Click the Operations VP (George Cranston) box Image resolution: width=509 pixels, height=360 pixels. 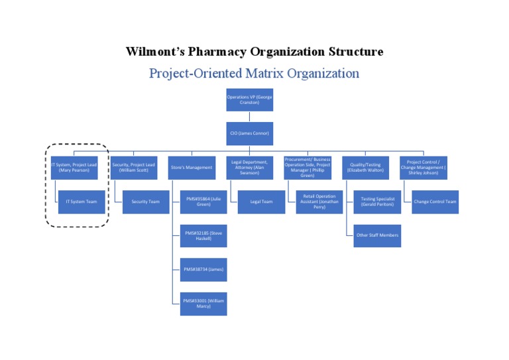coord(249,99)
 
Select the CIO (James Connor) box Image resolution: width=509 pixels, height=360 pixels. coord(249,133)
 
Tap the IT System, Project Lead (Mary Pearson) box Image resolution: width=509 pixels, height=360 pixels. coord(74,168)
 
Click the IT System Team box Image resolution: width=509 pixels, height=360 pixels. coord(82,202)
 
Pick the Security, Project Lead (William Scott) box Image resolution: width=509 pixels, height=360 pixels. coord(134,168)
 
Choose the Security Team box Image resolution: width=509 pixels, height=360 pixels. coord(146,202)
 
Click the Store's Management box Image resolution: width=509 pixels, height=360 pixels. coord(192,168)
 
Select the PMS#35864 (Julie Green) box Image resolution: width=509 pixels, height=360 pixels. coord(203,202)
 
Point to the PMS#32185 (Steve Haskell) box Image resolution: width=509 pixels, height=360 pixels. coord(203,235)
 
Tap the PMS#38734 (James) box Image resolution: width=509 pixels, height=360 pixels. coord(203,269)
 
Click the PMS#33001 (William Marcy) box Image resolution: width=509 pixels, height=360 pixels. coord(203,303)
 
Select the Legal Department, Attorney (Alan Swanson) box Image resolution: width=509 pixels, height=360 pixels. coord(249,168)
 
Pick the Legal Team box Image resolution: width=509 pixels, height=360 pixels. coord(261,202)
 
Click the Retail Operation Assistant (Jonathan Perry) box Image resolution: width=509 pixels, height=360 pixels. coord(319,202)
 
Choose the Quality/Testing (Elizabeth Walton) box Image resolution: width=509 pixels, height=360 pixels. coord(366,168)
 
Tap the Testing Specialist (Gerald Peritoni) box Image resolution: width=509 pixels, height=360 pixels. coord(377,202)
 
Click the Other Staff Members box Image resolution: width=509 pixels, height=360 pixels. coord(377,235)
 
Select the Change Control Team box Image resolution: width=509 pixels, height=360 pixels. coord(435,202)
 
